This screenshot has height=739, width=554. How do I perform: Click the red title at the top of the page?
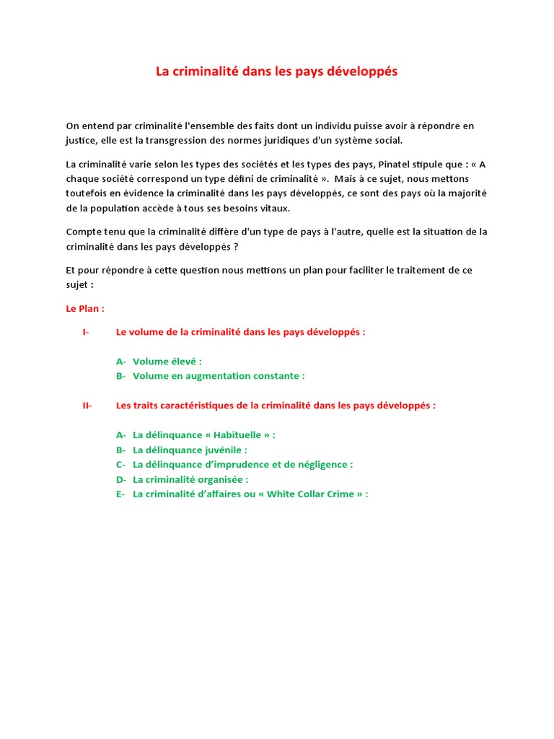tap(277, 72)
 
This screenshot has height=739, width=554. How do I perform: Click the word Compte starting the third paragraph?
tap(84, 232)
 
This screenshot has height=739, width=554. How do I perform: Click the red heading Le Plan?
tap(85, 308)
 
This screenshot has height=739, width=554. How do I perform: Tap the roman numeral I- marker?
tap(86, 332)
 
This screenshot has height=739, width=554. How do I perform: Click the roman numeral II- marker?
tap(87, 406)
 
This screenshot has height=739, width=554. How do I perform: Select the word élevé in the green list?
tap(183, 362)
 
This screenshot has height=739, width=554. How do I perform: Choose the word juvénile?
tap(224, 450)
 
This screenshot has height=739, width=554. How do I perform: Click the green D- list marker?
tap(120, 479)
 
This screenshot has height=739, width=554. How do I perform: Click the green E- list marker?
tap(120, 494)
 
